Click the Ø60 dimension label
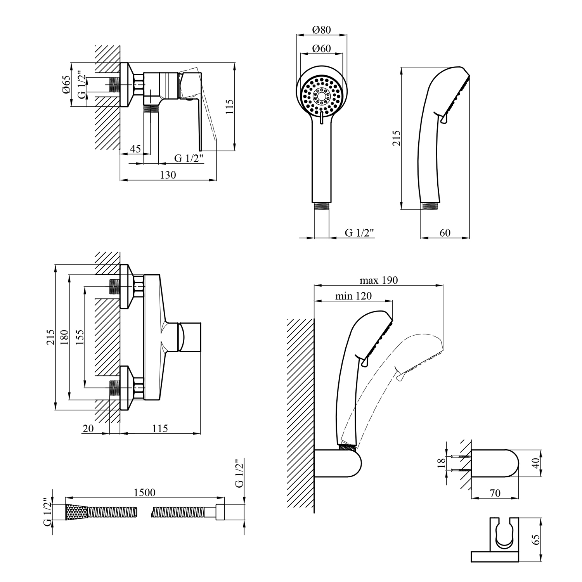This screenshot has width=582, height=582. click(x=321, y=48)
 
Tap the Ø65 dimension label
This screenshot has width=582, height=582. click(x=66, y=84)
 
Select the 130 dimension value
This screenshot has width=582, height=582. click(x=168, y=175)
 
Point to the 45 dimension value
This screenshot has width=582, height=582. click(x=135, y=149)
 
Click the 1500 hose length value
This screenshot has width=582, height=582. click(x=144, y=492)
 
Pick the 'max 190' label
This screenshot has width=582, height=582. click(x=378, y=280)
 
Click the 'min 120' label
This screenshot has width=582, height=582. click(x=353, y=296)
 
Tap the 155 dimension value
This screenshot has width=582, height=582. click(x=80, y=337)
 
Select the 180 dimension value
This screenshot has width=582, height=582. click(x=64, y=337)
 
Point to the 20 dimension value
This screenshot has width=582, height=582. click(x=88, y=428)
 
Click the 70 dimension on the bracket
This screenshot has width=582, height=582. click(x=495, y=493)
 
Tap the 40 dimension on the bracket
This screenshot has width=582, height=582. click(x=537, y=463)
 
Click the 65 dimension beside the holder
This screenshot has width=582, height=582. click(x=537, y=540)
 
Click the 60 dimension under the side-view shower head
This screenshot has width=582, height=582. click(x=445, y=232)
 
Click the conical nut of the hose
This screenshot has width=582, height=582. click(x=76, y=512)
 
